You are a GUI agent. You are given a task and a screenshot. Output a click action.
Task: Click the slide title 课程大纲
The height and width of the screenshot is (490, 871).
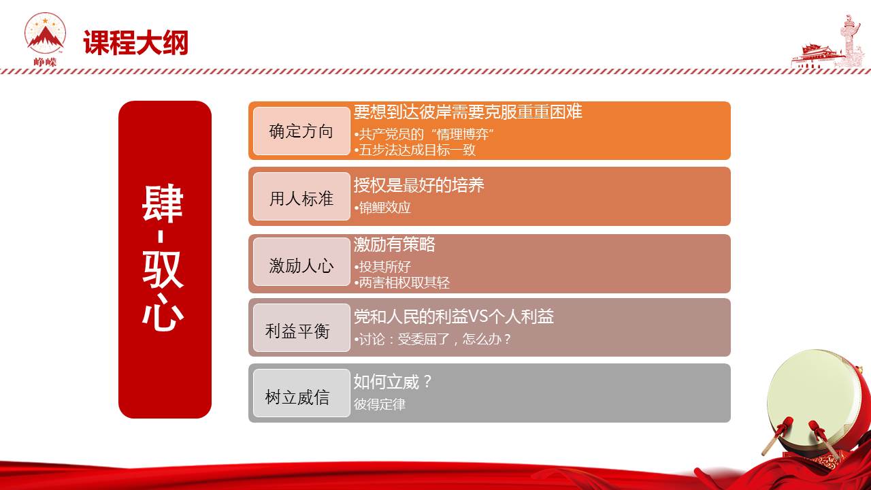coord(135,42)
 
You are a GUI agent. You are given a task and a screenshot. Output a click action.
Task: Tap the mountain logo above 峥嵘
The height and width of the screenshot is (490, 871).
coord(45,33)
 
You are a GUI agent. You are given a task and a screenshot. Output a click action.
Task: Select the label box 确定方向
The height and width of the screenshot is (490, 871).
coord(301,131)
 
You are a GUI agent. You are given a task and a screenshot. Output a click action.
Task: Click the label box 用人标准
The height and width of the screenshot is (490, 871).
coord(301,197)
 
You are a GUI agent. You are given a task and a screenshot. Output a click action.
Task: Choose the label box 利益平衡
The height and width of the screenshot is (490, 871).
coord(301,328)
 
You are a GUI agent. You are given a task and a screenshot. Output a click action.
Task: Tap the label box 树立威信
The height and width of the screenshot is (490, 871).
coord(301,393)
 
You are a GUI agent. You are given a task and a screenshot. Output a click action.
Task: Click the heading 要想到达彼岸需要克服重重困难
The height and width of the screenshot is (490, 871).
coord(467,112)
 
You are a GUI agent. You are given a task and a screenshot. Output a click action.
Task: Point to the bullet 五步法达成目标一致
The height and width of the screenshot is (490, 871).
coord(415,150)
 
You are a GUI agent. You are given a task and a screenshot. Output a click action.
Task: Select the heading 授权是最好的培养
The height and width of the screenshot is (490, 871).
coord(418,185)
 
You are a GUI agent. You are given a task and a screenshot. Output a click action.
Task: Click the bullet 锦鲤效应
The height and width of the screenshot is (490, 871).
coord(382,208)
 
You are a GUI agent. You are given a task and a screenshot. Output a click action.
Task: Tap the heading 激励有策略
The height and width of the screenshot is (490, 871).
coord(394,244)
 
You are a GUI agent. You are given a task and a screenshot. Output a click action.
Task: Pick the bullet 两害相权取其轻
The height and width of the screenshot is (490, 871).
coord(402,282)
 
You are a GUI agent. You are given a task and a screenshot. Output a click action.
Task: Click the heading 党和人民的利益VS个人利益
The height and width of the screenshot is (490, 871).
coord(454,316)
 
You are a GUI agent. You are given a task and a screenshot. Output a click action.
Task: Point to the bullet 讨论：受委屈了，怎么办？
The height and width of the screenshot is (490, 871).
coord(433,339)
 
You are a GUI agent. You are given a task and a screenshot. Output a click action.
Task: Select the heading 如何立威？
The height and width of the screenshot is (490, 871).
coord(393,382)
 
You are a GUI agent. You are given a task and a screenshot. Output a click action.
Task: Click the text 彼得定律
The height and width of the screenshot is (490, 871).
coord(380,404)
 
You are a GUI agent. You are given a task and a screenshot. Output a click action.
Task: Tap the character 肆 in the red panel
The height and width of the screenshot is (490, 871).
coord(163,203)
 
